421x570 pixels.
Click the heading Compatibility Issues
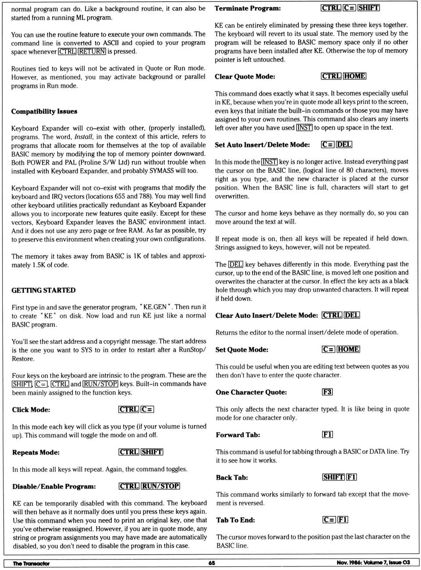(44, 111)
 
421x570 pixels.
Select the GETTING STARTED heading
(43, 290)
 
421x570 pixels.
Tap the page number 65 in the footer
(211, 563)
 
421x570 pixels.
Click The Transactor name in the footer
(31, 563)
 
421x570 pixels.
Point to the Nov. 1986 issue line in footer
(373, 563)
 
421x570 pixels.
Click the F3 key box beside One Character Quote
(327, 392)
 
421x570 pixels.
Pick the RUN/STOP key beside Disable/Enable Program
(161, 486)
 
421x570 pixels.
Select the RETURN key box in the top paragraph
(92, 51)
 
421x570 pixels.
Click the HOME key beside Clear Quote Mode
(355, 76)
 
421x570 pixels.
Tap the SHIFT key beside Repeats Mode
(152, 452)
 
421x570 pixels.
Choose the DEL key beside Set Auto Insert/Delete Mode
(344, 144)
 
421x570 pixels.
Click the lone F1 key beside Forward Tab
(327, 435)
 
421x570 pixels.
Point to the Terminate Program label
(248, 8)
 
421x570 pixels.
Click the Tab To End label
(235, 520)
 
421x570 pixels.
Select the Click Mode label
(31, 410)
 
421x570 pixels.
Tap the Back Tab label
(232, 477)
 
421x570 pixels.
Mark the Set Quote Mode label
(242, 349)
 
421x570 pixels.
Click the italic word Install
(83, 136)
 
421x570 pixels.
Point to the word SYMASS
(162, 171)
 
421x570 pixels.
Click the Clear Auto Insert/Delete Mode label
(267, 315)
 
